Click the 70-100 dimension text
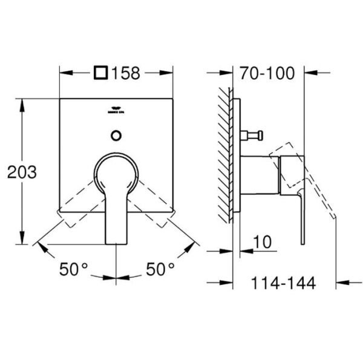267,73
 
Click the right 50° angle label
160,267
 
